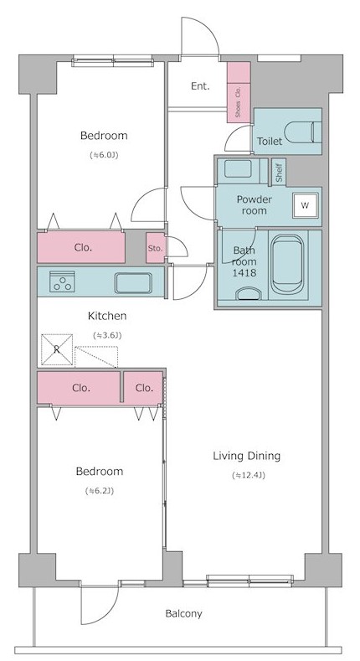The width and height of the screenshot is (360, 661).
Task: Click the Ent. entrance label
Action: point(200,86)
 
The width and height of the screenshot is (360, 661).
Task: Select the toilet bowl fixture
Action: point(303,132)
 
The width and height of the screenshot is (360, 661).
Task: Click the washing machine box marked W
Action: point(306,206)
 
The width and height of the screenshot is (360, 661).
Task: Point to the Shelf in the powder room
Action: point(279,172)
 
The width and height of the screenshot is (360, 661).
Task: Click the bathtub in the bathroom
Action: point(286,264)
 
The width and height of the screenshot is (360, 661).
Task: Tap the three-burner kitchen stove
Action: point(62,281)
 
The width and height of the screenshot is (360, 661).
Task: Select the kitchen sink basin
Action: point(133,283)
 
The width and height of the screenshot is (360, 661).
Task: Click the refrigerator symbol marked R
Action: point(57,349)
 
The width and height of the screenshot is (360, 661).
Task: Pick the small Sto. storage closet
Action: point(156,248)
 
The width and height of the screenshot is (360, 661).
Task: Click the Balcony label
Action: point(183,613)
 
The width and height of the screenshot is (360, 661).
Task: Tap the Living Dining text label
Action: point(246,456)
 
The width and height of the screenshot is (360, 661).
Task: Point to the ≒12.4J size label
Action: point(249,475)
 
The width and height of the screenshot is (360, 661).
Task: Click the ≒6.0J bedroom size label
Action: point(104,155)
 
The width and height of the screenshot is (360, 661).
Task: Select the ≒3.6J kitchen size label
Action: point(107,336)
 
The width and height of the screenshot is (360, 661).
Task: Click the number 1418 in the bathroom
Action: point(244,273)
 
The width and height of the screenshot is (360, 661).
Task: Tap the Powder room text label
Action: point(255,205)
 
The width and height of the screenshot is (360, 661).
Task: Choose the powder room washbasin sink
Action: point(238,168)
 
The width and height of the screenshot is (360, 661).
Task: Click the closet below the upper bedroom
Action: point(81,247)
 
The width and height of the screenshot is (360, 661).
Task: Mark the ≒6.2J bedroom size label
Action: point(100,491)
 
